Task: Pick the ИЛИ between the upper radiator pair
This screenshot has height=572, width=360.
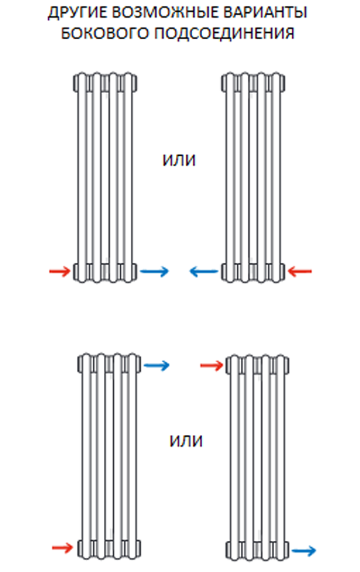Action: point(179,160)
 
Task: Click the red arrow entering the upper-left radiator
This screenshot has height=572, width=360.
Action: point(60,272)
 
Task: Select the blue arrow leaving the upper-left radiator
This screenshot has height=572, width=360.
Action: point(155,272)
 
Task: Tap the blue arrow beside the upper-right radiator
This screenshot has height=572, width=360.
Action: point(204,272)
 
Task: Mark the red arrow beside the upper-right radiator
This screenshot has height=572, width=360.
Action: point(300,272)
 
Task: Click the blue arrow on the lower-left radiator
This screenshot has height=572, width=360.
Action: point(156,364)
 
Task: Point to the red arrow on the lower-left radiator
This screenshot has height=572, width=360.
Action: point(62,547)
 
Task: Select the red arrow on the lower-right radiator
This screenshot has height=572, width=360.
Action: point(212,364)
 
